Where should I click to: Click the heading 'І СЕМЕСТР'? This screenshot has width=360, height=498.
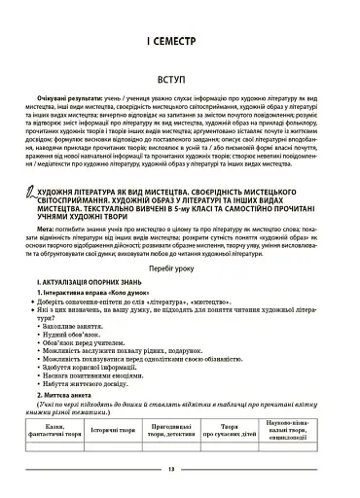click(179, 42)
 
